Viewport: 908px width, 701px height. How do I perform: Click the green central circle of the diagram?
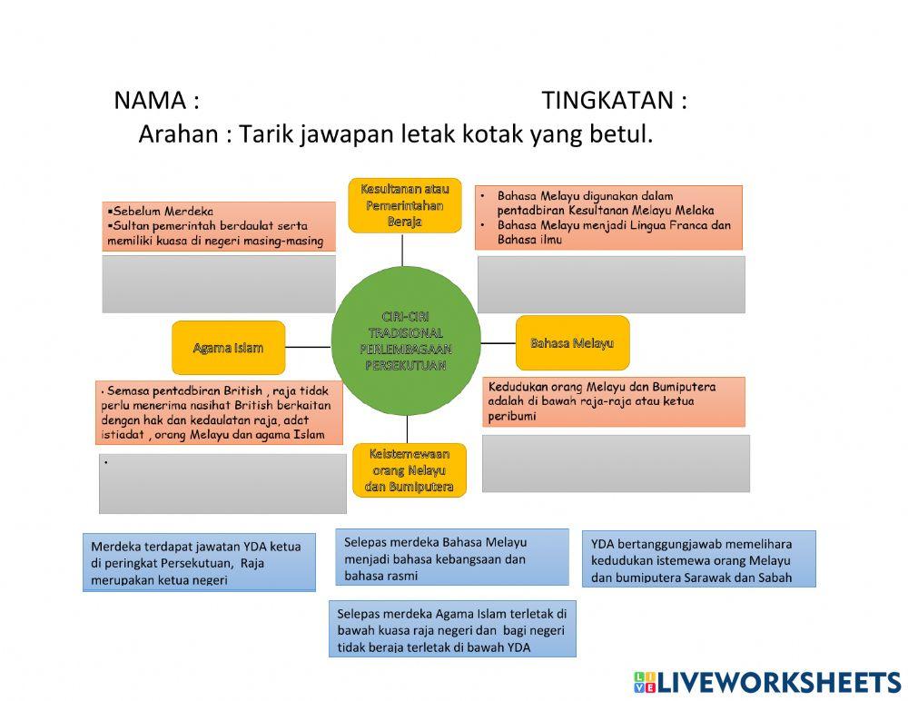coord(406,341)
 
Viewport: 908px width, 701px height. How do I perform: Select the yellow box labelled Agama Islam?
coord(228,347)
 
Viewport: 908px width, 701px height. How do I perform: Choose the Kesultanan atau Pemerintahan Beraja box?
coord(404,206)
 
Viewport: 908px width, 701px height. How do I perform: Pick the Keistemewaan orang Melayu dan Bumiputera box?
coord(409,470)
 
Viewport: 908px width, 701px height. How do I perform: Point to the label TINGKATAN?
coord(614,100)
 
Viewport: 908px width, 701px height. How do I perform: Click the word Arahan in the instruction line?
coord(179,134)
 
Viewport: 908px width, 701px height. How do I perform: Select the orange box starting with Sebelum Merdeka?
coord(219,226)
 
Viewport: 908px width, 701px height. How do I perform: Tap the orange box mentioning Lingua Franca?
coord(608,218)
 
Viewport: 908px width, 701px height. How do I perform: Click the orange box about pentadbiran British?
coord(221,412)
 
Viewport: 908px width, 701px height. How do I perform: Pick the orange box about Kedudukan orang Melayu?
coord(614,401)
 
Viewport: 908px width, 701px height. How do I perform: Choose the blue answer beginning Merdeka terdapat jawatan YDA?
coord(199,562)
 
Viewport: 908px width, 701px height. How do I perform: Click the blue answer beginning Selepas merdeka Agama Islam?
coord(451,629)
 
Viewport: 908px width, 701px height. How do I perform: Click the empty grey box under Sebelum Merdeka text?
coord(219,284)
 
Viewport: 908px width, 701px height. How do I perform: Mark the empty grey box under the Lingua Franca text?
coord(611,284)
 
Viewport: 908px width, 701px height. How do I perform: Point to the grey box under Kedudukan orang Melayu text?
coord(616,463)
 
